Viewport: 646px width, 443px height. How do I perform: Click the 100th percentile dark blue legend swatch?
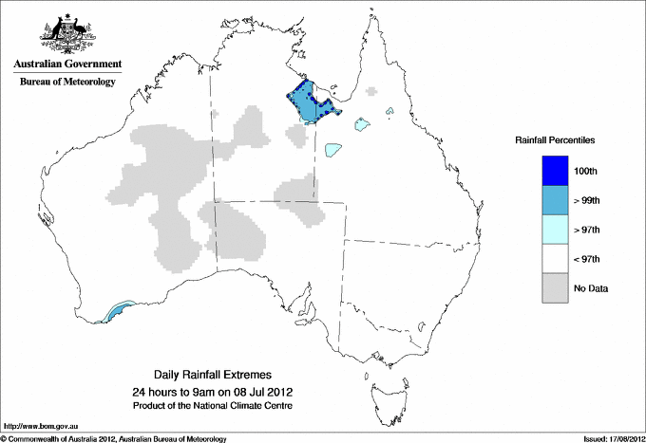pyautogui.click(x=556, y=171)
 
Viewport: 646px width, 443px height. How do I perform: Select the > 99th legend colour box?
pyautogui.click(x=556, y=200)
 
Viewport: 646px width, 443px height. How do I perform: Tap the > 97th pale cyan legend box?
pyautogui.click(x=556, y=230)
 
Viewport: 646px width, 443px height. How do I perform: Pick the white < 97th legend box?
pyautogui.click(x=556, y=259)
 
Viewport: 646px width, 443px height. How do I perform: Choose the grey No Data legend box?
pyautogui.click(x=556, y=288)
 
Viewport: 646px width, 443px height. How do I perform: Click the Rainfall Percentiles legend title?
pyautogui.click(x=555, y=140)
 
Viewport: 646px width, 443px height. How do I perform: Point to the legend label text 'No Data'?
pyautogui.click(x=591, y=288)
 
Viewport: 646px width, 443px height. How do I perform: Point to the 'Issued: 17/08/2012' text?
pyautogui.click(x=607, y=438)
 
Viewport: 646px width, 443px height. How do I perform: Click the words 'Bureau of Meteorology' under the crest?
pyautogui.click(x=67, y=82)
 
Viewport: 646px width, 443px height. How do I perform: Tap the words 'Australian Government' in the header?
pyautogui.click(x=67, y=65)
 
